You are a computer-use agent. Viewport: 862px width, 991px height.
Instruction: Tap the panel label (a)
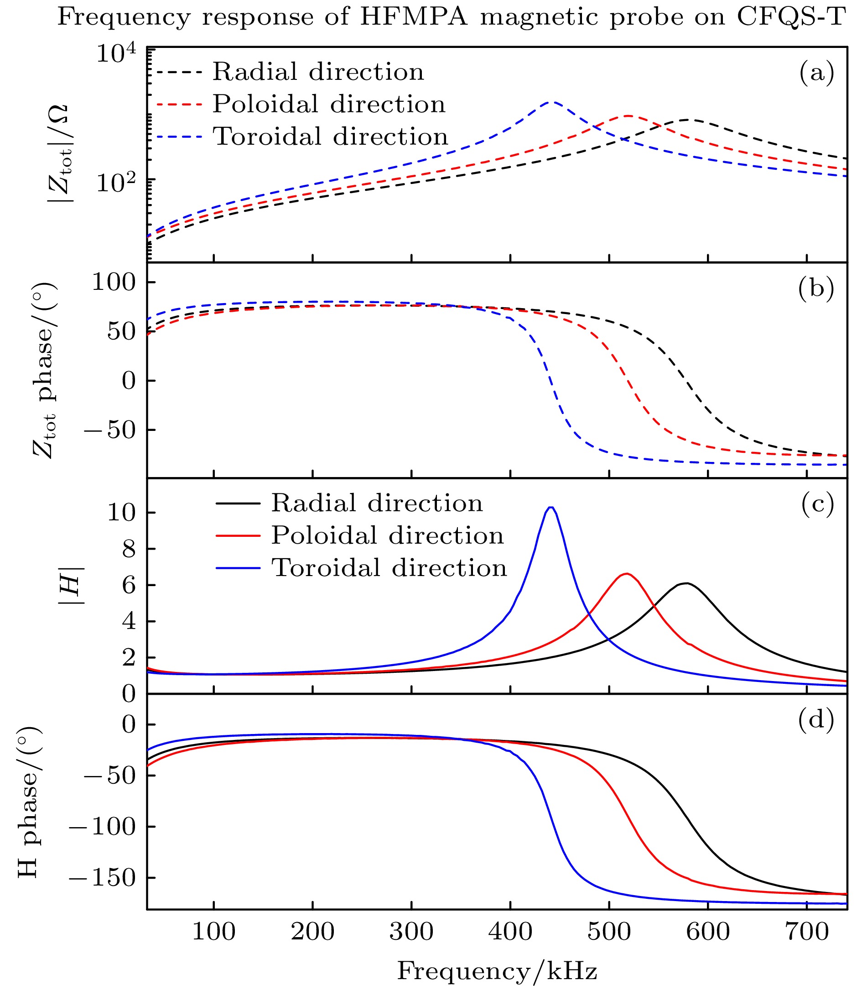click(816, 73)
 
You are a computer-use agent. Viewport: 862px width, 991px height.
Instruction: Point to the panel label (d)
click(816, 721)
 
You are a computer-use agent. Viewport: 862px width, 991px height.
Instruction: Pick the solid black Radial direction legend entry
click(349, 503)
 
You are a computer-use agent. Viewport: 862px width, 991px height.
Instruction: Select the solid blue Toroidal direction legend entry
click(361, 568)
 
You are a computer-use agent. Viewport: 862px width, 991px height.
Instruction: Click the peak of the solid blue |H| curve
click(551, 507)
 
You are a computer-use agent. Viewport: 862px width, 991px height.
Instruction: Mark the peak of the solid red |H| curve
click(627, 574)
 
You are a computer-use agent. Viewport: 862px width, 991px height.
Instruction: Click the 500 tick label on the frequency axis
click(609, 933)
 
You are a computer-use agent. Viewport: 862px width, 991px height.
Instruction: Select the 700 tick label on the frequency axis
click(807, 933)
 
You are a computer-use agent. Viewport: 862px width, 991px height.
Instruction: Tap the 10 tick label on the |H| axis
click(120, 513)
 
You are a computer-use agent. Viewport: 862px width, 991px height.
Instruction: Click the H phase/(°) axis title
click(30, 802)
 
